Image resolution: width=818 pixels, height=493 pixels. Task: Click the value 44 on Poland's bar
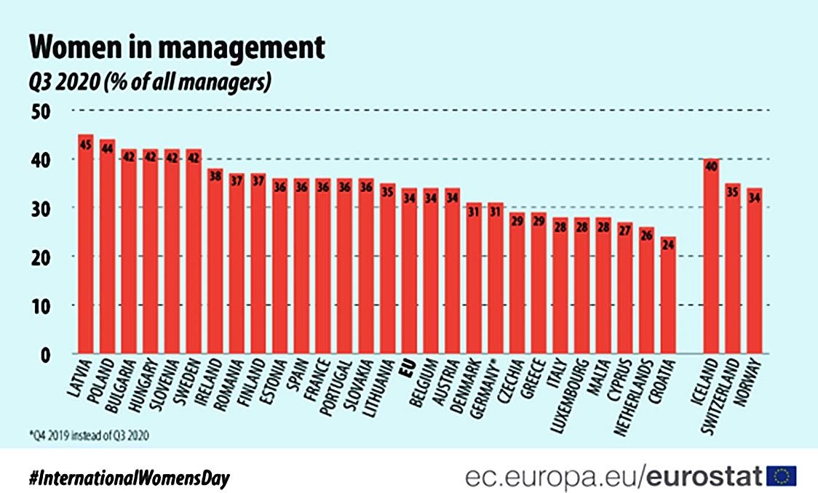pos(107,148)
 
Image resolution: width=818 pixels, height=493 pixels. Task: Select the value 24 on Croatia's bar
pos(668,245)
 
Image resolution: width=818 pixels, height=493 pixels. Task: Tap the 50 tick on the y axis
pos(43,111)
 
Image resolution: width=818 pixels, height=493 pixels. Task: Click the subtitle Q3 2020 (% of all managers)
pos(150,82)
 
